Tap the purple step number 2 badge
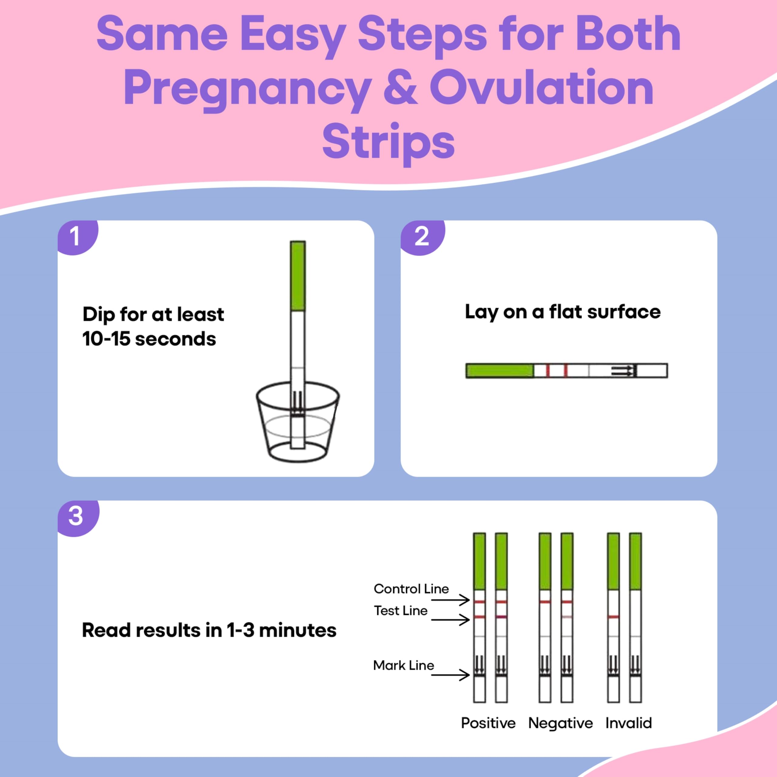422,237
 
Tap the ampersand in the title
401,87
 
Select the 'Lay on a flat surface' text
563,312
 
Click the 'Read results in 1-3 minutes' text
209,630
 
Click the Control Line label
411,589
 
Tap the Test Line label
401,610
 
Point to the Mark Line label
404,665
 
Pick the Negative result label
561,724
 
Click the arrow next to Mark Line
450,674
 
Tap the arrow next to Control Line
450,600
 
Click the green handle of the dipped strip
298,276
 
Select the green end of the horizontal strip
500,370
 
